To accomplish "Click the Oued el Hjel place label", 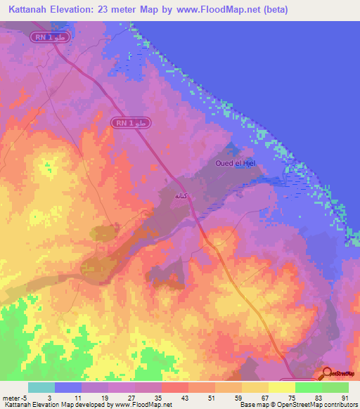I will [x=233, y=164].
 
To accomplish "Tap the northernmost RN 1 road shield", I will [x=49, y=36].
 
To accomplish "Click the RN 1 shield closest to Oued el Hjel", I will [x=129, y=123].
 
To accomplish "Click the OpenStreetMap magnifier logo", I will [x=328, y=375].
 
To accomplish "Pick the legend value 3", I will [x=49, y=398].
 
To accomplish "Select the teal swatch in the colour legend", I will [x=41, y=387].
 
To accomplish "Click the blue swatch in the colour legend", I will [x=68, y=387].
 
